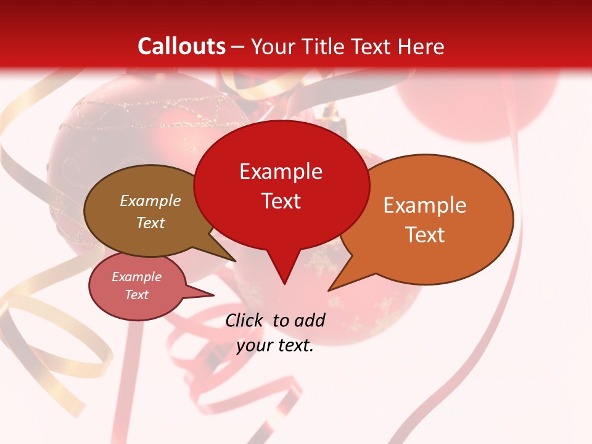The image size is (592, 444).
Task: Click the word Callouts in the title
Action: pos(181,46)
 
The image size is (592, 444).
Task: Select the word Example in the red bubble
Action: pos(281,171)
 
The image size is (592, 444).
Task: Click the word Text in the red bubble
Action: pos(281,200)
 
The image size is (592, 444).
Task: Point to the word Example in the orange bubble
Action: pos(425,205)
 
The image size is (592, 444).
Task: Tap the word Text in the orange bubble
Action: pos(425,234)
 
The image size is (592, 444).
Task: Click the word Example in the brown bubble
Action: pos(150,200)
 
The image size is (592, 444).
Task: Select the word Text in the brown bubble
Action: pos(150,223)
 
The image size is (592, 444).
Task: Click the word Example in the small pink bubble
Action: pos(136,277)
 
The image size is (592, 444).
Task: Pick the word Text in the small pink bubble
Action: pos(136,295)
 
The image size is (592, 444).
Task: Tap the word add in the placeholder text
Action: pos(310,320)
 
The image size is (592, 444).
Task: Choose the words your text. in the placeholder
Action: pos(275,345)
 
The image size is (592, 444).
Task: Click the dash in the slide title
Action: pos(238,46)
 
